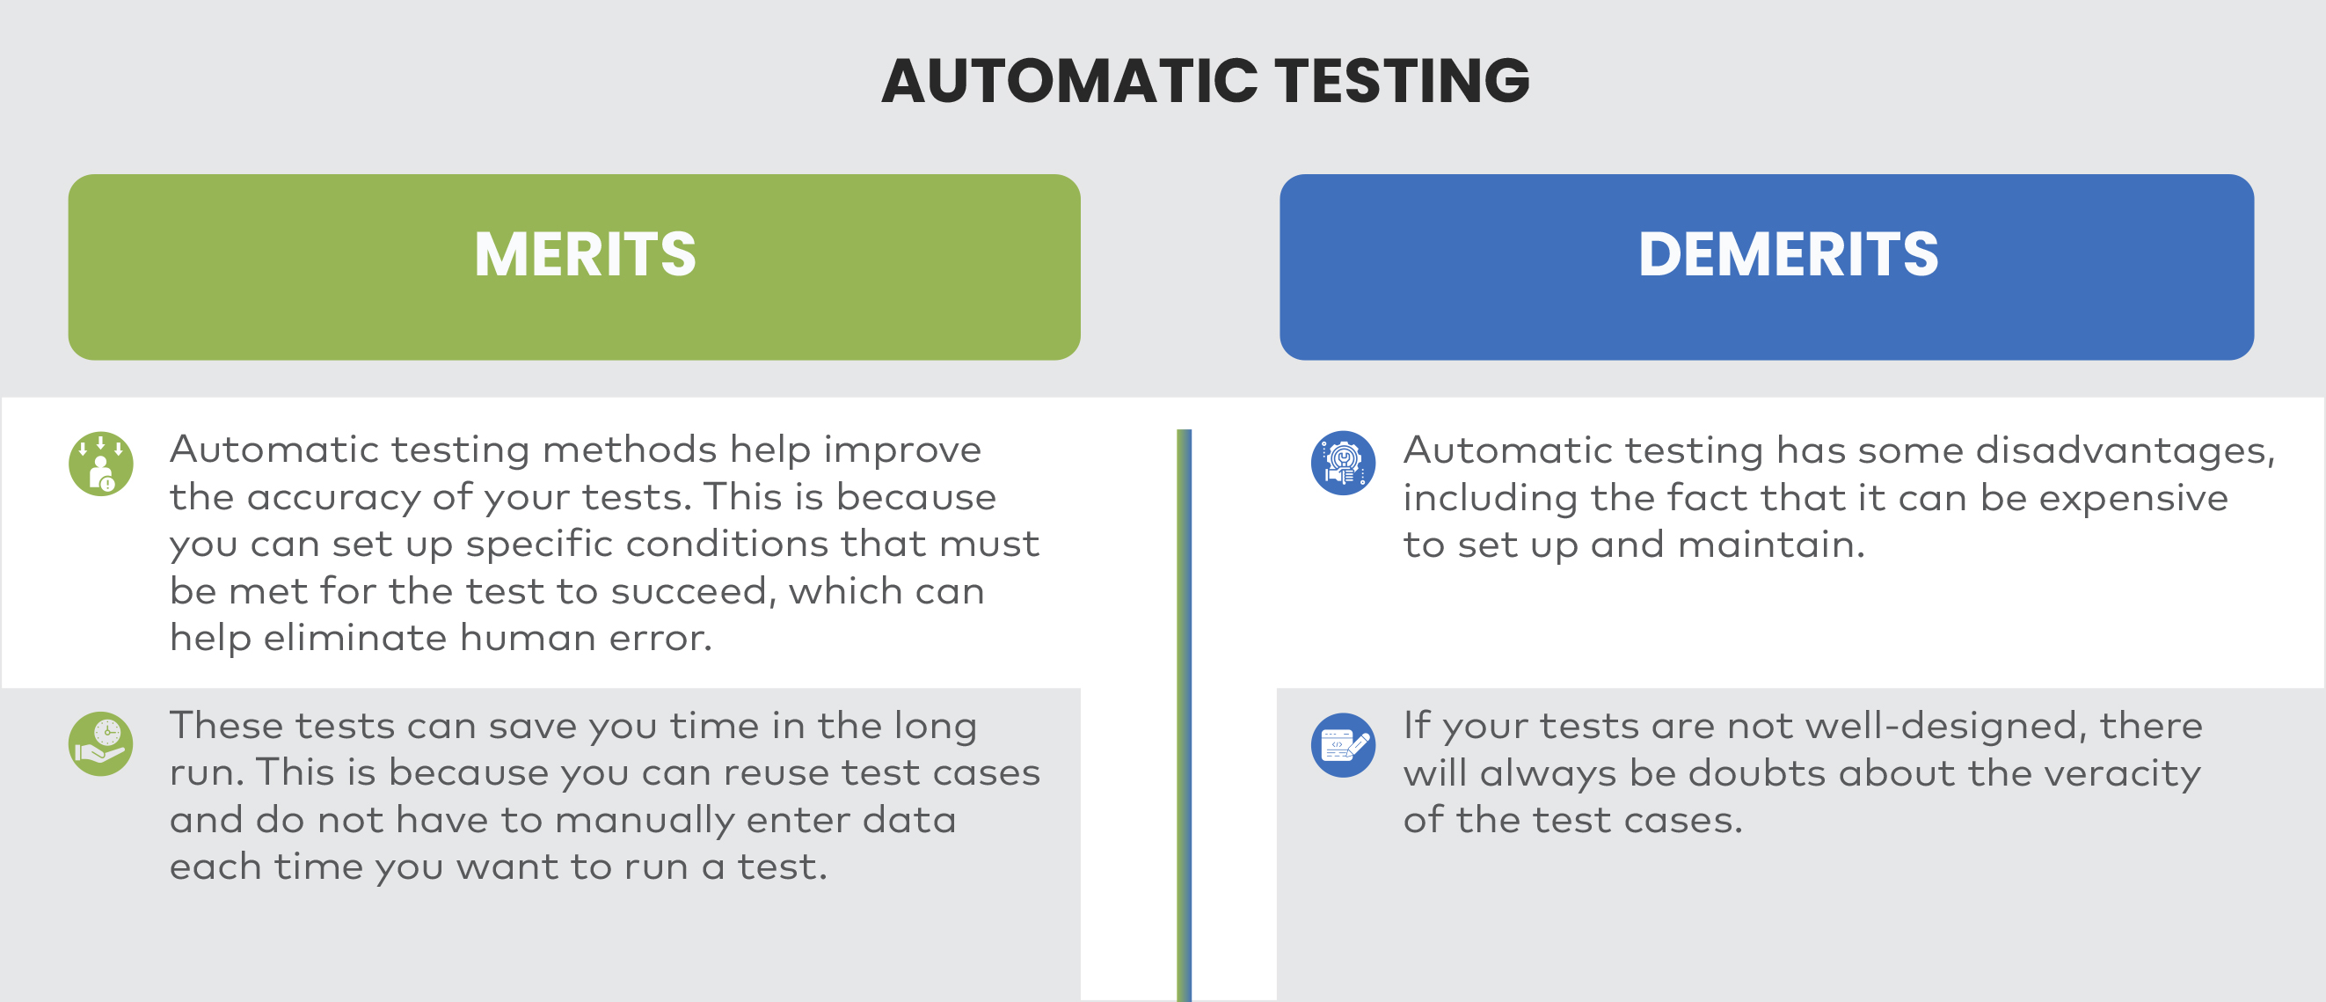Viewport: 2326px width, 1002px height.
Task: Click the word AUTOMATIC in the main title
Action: (1069, 81)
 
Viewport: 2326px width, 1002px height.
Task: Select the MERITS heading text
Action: (585, 255)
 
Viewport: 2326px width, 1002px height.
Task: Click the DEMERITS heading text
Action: (1788, 255)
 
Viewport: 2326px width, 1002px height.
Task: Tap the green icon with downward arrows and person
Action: (101, 464)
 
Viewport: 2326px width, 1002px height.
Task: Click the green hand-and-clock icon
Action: (101, 743)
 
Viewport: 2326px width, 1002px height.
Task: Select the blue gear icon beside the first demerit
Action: (1343, 464)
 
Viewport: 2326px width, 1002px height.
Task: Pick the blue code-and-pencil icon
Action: (1343, 745)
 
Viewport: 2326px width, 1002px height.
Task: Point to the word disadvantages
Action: (2124, 450)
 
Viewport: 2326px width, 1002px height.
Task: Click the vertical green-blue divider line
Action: (1184, 713)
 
